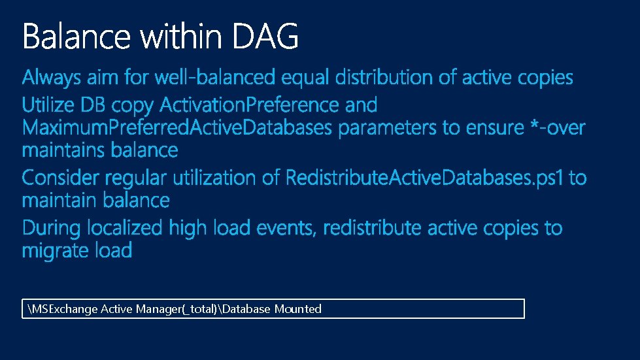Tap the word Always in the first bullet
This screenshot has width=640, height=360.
pyautogui.click(x=50, y=78)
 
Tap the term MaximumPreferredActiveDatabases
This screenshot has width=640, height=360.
pyautogui.click(x=177, y=127)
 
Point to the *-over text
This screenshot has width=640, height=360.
pyautogui.click(x=555, y=127)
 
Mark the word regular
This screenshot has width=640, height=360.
pyautogui.click(x=133, y=178)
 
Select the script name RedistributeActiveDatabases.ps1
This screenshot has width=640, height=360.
pyautogui.click(x=424, y=178)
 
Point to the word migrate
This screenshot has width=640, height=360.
pyautogui.click(x=54, y=251)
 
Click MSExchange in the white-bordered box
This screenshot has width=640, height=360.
pyautogui.click(x=65, y=309)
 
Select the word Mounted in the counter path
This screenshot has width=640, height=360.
pyautogui.click(x=297, y=309)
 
